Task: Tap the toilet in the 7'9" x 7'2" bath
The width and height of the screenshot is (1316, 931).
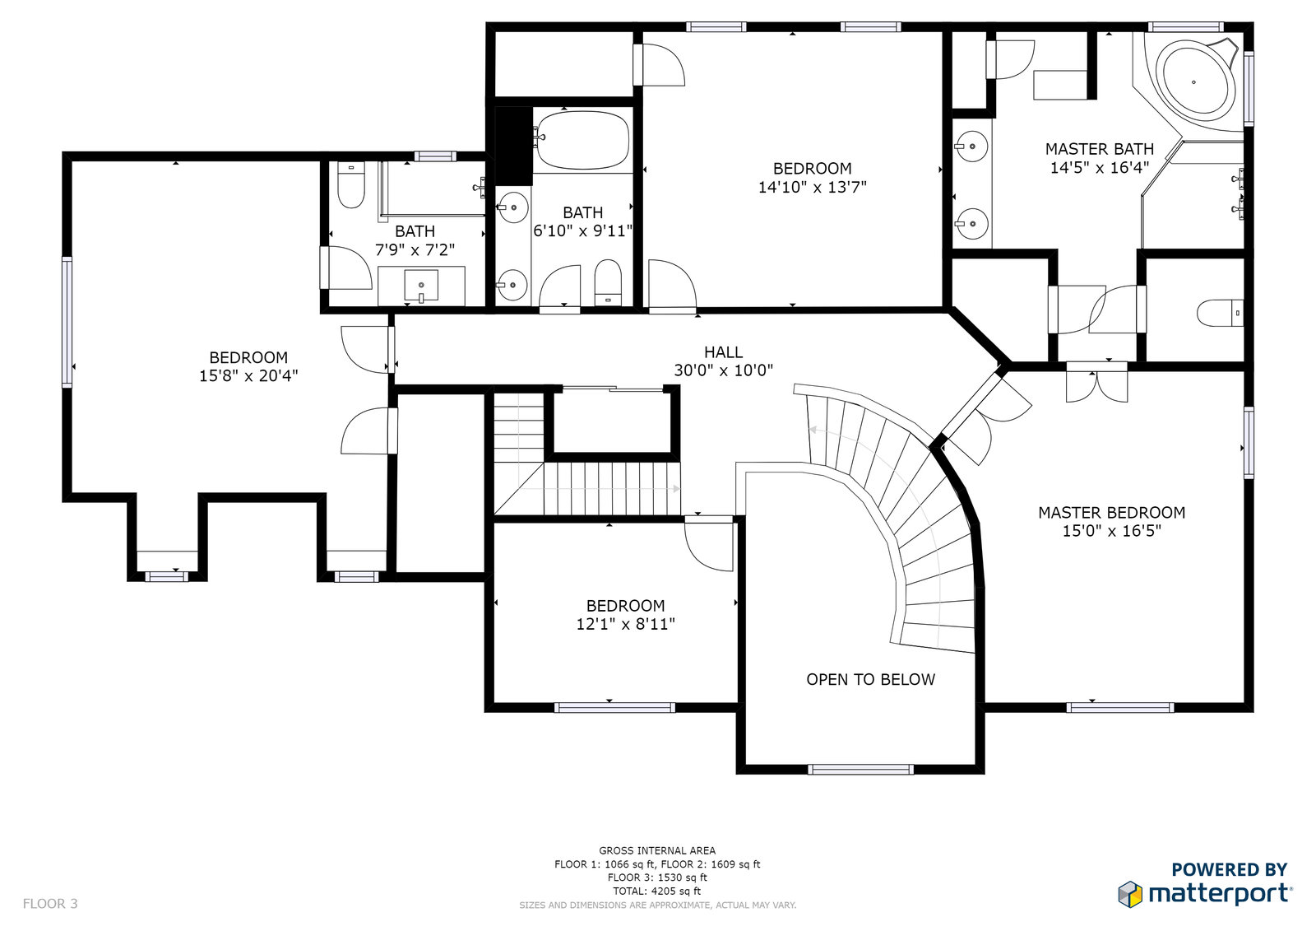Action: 351,184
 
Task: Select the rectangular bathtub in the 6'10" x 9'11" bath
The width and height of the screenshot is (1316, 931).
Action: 583,141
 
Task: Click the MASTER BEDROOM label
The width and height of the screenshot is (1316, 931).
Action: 1111,513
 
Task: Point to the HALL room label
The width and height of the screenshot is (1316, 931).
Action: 723,352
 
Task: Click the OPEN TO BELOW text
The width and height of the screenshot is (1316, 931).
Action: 871,679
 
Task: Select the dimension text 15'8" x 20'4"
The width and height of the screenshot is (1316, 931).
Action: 248,376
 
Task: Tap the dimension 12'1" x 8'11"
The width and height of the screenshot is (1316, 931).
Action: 626,624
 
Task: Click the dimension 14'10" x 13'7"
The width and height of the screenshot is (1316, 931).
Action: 813,187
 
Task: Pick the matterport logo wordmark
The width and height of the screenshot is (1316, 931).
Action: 1221,895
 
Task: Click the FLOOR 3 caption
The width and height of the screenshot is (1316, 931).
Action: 50,903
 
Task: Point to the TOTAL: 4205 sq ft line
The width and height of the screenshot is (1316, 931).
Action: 657,891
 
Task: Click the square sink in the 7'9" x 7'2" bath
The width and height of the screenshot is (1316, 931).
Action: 421,286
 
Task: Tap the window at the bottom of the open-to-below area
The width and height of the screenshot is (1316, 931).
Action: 860,770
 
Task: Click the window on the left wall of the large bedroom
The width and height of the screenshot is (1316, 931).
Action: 67,322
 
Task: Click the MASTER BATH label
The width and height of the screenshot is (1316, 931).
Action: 1099,149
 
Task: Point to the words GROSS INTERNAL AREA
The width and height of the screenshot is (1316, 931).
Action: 657,850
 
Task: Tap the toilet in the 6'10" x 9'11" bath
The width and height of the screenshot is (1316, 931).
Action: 608,283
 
